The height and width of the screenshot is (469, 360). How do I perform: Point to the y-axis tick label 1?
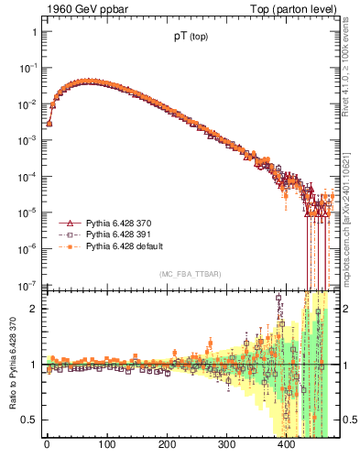point(34,32)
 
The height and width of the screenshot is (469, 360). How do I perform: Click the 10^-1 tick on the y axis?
point(29,67)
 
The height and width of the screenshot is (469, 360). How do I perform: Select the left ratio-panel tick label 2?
point(34,309)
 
